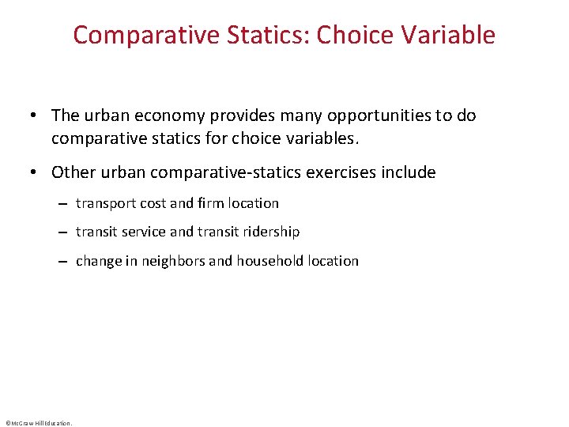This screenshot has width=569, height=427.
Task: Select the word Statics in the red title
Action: [257, 36]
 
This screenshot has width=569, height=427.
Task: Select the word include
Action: [407, 172]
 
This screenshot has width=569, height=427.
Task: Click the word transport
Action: [107, 204]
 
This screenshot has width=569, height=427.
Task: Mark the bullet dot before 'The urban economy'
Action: [37, 116]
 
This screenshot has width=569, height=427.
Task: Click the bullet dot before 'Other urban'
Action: [37, 173]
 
